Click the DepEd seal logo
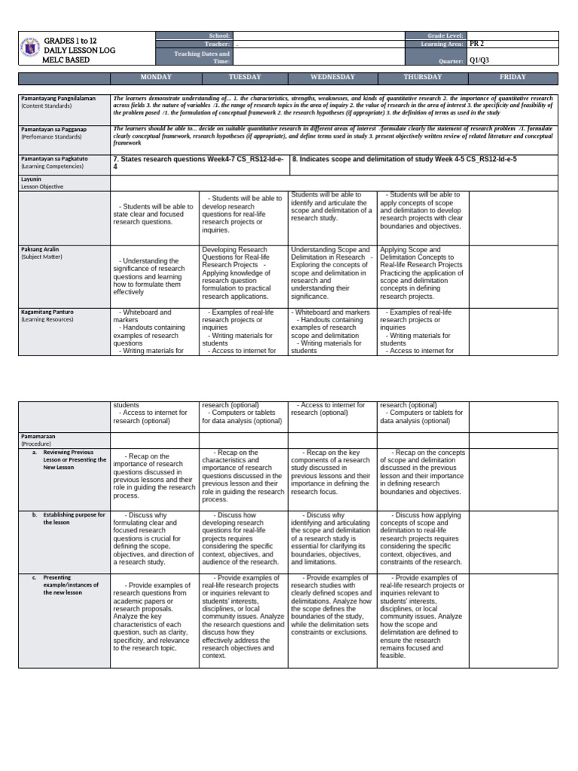[29, 49]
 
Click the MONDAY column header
[154, 77]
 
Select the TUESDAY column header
[244, 77]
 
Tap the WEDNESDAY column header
[333, 77]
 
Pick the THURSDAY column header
[422, 77]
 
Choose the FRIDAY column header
[513, 77]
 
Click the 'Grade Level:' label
[444, 35]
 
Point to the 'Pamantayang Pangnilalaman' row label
[58, 98]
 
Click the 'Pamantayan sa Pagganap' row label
[53, 130]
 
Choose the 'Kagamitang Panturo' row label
[47, 312]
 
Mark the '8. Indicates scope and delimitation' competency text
[404, 160]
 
